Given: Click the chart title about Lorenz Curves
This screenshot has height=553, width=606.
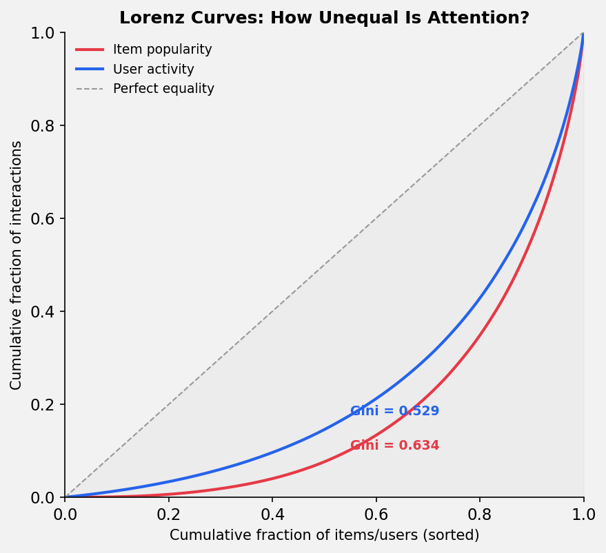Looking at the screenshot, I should click(324, 18).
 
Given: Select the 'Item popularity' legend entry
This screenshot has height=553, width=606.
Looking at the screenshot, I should click(162, 50).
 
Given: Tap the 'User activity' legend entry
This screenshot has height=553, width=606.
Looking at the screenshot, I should click(153, 70).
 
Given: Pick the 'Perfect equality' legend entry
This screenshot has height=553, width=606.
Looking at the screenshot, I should click(163, 89).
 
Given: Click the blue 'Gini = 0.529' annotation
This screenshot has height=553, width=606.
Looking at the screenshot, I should click(394, 411).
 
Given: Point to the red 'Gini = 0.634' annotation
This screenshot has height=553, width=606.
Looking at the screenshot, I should click(394, 446).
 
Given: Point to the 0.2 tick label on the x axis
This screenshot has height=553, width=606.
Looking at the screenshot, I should click(168, 514).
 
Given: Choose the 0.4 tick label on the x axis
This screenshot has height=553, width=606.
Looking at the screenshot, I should click(272, 514).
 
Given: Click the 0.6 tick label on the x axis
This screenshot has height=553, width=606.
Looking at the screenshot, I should click(376, 514).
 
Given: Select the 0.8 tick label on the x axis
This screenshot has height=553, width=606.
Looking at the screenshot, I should click(480, 514).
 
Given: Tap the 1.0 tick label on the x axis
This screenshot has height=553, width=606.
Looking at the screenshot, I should click(583, 514).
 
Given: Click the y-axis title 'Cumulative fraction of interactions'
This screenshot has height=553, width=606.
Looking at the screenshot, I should click(17, 265).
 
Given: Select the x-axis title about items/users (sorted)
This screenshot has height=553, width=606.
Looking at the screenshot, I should click(324, 535).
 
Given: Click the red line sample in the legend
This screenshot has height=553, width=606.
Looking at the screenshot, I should click(90, 50).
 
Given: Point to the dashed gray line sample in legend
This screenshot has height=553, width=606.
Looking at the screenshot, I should click(90, 89).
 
